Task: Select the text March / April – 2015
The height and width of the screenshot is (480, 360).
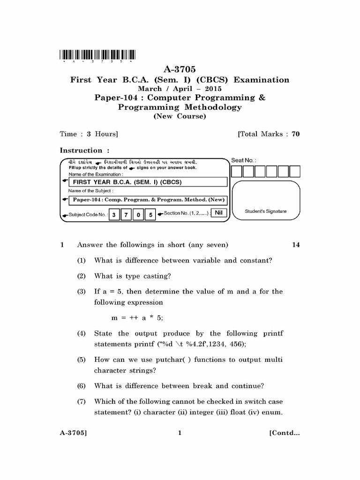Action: point(180,89)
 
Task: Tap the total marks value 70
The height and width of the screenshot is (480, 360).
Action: point(295,134)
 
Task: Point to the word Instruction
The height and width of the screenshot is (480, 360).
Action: point(81,150)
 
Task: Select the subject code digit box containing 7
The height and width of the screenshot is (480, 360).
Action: point(126,215)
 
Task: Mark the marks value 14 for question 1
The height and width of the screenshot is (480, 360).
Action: point(295,245)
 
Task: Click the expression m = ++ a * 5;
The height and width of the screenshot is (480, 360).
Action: point(137,317)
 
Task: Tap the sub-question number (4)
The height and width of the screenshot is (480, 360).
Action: point(82,334)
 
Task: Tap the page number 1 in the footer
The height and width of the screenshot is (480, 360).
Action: point(180,433)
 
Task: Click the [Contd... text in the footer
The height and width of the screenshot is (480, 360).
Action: point(284,433)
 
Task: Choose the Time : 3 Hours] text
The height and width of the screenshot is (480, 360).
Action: point(89,134)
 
